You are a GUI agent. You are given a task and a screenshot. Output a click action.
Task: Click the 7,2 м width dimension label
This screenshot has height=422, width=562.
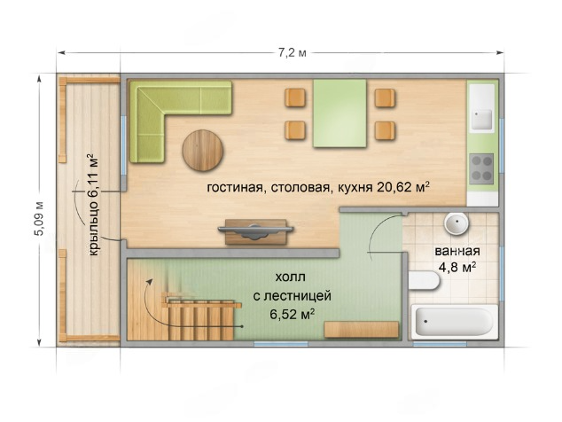pyautogui.click(x=293, y=53)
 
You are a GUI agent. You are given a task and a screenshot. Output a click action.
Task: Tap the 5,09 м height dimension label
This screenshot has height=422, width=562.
pyautogui.click(x=39, y=219)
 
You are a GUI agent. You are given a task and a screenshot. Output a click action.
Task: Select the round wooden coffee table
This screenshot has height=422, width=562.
pyautogui.click(x=202, y=151)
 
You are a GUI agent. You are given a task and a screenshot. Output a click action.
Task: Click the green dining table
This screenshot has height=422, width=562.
pyautogui.click(x=340, y=113)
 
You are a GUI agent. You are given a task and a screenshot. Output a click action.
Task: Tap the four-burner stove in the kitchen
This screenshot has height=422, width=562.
pyautogui.click(x=481, y=168)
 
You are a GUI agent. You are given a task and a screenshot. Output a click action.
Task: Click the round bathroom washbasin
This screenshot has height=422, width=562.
pyautogui.click(x=457, y=223)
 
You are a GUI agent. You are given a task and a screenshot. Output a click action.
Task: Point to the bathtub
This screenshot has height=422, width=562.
pyautogui.click(x=455, y=322)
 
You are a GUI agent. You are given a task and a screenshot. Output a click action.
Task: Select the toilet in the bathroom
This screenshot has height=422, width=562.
pyautogui.click(x=424, y=280)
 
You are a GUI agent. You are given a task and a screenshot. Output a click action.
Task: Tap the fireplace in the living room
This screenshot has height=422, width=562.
pyautogui.click(x=256, y=231)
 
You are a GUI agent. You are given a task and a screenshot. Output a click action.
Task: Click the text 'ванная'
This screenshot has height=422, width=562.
pyautogui.click(x=457, y=251)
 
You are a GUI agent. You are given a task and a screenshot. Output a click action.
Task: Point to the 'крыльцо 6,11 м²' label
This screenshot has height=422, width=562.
pyautogui.click(x=93, y=205)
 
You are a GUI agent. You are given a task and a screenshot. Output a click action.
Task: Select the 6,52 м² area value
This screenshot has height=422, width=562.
pyautogui.click(x=293, y=315)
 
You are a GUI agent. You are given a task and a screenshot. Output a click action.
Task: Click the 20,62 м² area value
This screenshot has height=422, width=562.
pyautogui.click(x=402, y=187)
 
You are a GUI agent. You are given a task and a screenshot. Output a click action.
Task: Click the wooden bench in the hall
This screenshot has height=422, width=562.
pyautogui.click(x=362, y=330)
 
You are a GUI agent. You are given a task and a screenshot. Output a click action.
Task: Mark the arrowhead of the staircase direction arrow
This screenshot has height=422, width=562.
pyautogui.click(x=150, y=282)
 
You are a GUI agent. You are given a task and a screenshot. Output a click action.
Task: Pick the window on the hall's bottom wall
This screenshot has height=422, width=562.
pyautogui.click(x=281, y=344)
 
